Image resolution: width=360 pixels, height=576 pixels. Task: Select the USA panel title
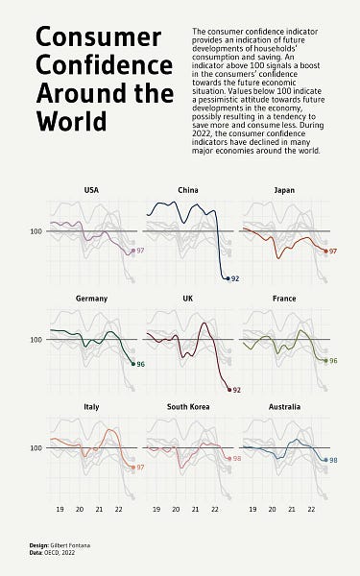[91, 190]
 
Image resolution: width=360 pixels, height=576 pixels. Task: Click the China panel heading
[188, 190]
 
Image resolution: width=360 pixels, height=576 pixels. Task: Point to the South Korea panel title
[188, 407]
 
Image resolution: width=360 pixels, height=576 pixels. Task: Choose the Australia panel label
[283, 407]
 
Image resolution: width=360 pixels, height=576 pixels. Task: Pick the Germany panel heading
[91, 299]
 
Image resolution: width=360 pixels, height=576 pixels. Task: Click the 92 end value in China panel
[235, 278]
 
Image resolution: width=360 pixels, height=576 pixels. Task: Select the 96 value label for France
[333, 361]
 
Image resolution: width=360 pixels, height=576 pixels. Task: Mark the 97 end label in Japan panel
[333, 251]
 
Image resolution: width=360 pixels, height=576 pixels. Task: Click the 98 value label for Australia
[332, 461]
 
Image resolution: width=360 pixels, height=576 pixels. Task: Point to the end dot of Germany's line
[132, 364]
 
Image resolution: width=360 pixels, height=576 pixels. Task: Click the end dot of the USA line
[132, 251]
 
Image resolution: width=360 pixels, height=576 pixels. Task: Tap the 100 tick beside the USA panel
[36, 231]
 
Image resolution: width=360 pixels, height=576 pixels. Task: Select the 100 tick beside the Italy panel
[36, 448]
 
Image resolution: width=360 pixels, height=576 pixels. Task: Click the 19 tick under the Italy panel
[60, 511]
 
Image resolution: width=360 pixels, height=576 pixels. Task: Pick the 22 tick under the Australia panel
[310, 511]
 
